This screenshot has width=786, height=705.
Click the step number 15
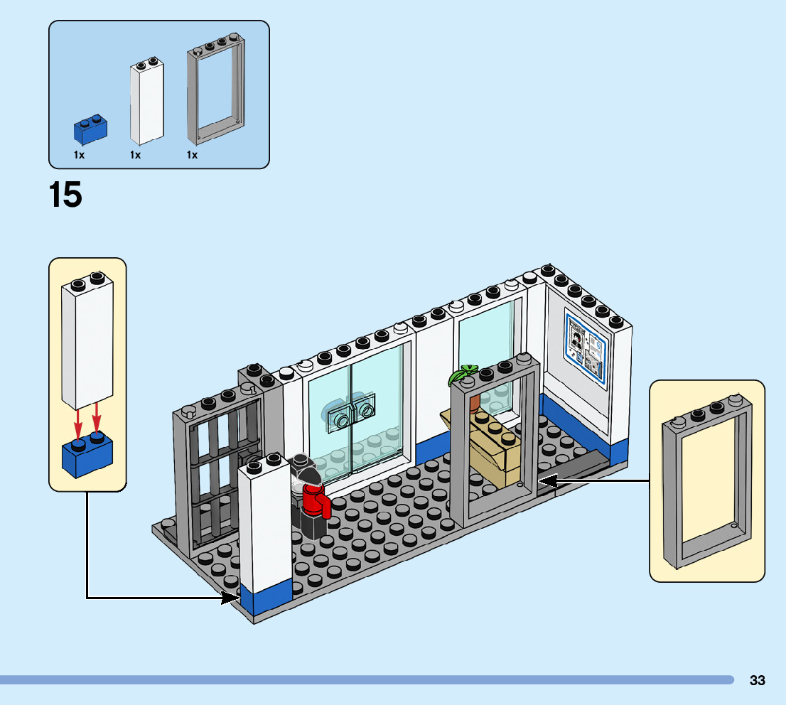pyautogui.click(x=65, y=195)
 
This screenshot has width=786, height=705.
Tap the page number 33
pyautogui.click(x=757, y=680)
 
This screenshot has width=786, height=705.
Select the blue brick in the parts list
pyautogui.click(x=90, y=130)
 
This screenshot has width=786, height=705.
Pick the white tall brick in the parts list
pyautogui.click(x=147, y=102)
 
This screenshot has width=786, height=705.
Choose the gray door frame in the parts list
pyautogui.click(x=216, y=89)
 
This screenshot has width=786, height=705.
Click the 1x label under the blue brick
pyautogui.click(x=79, y=155)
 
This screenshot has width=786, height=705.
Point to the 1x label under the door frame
pyautogui.click(x=192, y=155)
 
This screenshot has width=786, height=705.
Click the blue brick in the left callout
pyautogui.click(x=87, y=454)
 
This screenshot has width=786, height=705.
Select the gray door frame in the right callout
pyautogui.click(x=707, y=481)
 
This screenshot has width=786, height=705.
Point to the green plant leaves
pyautogui.click(x=463, y=374)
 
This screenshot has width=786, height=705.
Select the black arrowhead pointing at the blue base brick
pyautogui.click(x=230, y=597)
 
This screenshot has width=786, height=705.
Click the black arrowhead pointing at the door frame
pyautogui.click(x=549, y=481)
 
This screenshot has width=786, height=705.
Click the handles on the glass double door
pyautogui.click(x=351, y=409)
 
